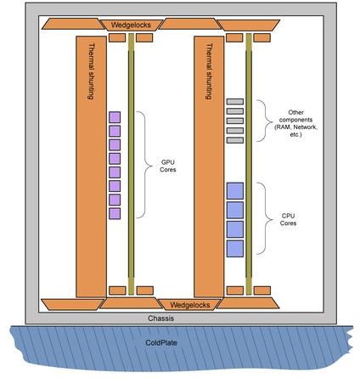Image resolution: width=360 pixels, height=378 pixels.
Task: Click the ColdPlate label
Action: pos(161,342)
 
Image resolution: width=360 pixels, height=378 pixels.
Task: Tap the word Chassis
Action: pos(160,319)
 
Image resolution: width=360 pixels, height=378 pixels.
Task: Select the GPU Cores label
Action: pos(168,166)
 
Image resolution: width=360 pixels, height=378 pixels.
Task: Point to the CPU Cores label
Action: pos(288,219)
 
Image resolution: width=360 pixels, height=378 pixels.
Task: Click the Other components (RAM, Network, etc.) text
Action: pos(295,123)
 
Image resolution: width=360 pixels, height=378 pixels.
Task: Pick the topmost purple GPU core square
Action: pos(115,117)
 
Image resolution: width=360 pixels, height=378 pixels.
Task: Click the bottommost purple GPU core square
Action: pos(115,213)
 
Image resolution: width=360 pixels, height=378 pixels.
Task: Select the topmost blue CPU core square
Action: pos(235,191)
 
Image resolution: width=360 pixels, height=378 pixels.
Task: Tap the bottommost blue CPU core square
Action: pos(235,249)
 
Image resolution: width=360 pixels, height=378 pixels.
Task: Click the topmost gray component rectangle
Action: pos(235,101)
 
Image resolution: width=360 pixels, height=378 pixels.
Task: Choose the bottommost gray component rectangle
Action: pos(235,140)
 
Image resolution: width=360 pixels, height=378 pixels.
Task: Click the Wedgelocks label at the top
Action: pos(131,25)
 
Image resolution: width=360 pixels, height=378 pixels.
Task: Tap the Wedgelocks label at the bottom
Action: pos(190,305)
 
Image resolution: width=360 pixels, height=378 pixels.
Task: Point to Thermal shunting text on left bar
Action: pos(91,71)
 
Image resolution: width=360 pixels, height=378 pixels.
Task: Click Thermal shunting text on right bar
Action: pos(209,71)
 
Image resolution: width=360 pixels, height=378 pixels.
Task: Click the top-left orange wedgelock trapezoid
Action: pos(73,24)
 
